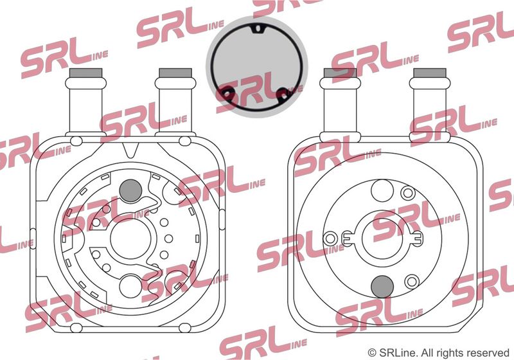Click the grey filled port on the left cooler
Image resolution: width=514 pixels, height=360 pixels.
(130, 190)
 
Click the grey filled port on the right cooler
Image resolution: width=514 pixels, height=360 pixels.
(382, 287)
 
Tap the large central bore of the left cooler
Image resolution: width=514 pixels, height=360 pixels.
(131, 239)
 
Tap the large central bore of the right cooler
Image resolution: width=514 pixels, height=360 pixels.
(382, 239)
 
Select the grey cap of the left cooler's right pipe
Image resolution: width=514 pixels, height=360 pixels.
(175, 73)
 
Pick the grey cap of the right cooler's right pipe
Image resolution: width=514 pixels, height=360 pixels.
(430, 73)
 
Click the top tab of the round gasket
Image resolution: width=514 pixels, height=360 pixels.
(258, 29)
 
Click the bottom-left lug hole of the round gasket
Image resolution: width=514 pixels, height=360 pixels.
(227, 94)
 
